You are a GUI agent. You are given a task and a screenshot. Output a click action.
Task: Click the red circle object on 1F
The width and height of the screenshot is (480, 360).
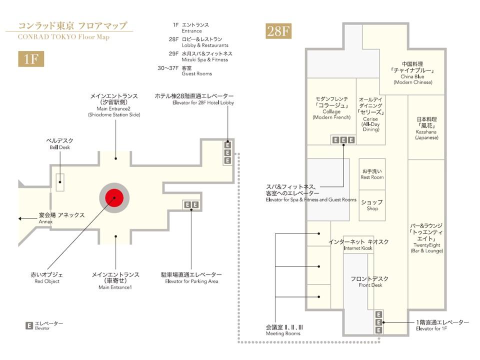(x=114, y=198)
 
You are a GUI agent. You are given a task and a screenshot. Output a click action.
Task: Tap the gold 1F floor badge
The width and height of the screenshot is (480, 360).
(x=31, y=59)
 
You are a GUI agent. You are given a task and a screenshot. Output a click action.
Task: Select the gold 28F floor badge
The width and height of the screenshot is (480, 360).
(x=278, y=31)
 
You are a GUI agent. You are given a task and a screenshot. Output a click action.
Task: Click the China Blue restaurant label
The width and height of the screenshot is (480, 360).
(x=412, y=73)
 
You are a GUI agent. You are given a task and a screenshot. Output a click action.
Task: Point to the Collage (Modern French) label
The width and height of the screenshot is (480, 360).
(x=331, y=108)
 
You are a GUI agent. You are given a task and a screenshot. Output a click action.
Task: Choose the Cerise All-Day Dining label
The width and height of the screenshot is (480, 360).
(x=371, y=114)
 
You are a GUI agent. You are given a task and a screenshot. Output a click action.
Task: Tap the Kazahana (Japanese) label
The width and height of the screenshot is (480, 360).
(x=426, y=128)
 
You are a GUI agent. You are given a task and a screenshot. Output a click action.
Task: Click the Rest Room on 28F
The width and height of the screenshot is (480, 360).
(x=372, y=174)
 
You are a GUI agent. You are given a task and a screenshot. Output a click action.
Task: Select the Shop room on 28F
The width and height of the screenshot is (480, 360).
(x=372, y=205)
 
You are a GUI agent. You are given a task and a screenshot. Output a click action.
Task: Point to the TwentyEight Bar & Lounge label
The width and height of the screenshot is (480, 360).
(x=426, y=238)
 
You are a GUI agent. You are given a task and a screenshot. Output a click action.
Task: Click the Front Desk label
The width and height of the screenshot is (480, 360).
(x=370, y=281)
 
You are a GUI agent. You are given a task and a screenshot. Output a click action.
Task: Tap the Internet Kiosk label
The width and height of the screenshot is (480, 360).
(x=358, y=244)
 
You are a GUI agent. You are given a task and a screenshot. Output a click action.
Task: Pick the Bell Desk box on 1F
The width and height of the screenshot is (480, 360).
(x=60, y=182)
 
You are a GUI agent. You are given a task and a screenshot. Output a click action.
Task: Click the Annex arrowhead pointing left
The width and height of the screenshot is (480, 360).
(x=20, y=218)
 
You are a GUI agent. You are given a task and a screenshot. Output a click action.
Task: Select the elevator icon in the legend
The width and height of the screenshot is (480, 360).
(x=29, y=325)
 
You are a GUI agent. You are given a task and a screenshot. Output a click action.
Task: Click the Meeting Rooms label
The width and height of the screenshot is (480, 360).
(x=284, y=330)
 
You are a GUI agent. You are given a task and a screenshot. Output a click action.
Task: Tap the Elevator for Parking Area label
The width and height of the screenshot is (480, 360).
(x=191, y=278)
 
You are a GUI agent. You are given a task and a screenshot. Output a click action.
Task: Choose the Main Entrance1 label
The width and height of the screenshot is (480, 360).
(x=115, y=280)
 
